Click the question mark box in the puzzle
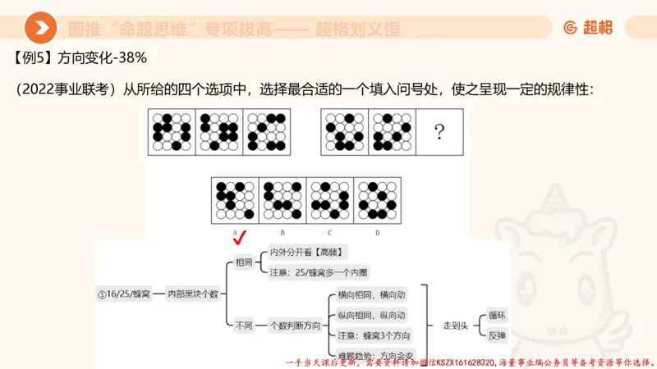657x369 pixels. pyautogui.click(x=439, y=132)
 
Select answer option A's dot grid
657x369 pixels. pyautogui.click(x=235, y=198)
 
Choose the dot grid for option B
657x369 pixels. pyautogui.click(x=283, y=198)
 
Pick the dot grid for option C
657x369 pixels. pyautogui.click(x=330, y=198)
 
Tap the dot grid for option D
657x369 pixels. pyautogui.click(x=377, y=198)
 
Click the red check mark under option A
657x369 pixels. pyautogui.click(x=240, y=239)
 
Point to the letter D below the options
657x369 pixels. pyautogui.click(x=377, y=232)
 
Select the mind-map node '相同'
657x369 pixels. pyautogui.click(x=244, y=263)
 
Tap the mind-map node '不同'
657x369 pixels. pyautogui.click(x=244, y=325)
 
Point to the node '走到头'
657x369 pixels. pyautogui.click(x=454, y=325)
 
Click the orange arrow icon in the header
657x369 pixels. pyautogui.click(x=40, y=29)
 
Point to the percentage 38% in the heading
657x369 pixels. pyautogui.click(x=131, y=59)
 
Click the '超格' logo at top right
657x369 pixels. pyautogui.click(x=588, y=29)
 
